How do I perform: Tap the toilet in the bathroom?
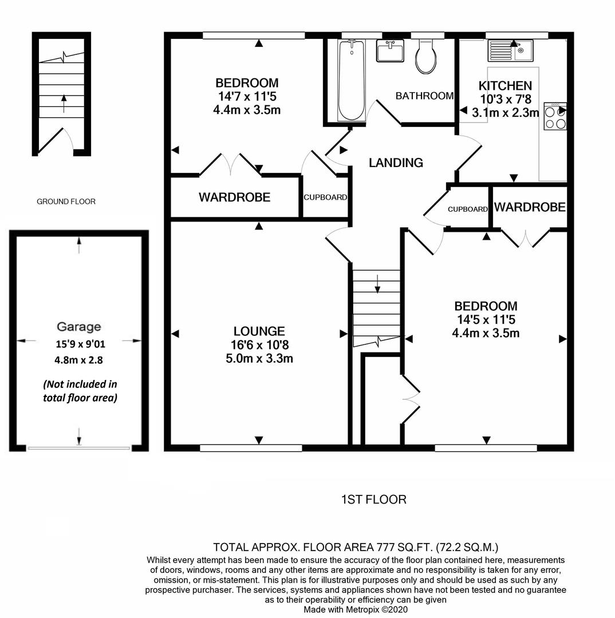[426, 56]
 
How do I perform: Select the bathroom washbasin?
[390, 50]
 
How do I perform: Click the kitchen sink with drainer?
[510, 50]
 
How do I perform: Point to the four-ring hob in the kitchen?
[555, 116]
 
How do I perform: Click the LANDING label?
[396, 163]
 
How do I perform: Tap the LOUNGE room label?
[259, 331]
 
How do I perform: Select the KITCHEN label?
[505, 85]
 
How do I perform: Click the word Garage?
[79, 327]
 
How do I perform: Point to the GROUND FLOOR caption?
[66, 201]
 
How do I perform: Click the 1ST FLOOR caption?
[373, 500]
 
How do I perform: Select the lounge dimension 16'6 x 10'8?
[259, 345]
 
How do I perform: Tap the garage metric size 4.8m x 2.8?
[78, 360]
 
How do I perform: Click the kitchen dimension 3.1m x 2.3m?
[505, 113]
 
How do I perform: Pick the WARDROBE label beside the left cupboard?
[234, 197]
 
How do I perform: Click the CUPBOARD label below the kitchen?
[468, 209]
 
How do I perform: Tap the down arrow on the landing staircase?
[377, 284]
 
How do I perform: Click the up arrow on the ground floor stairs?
[64, 103]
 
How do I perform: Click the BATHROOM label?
[424, 96]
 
